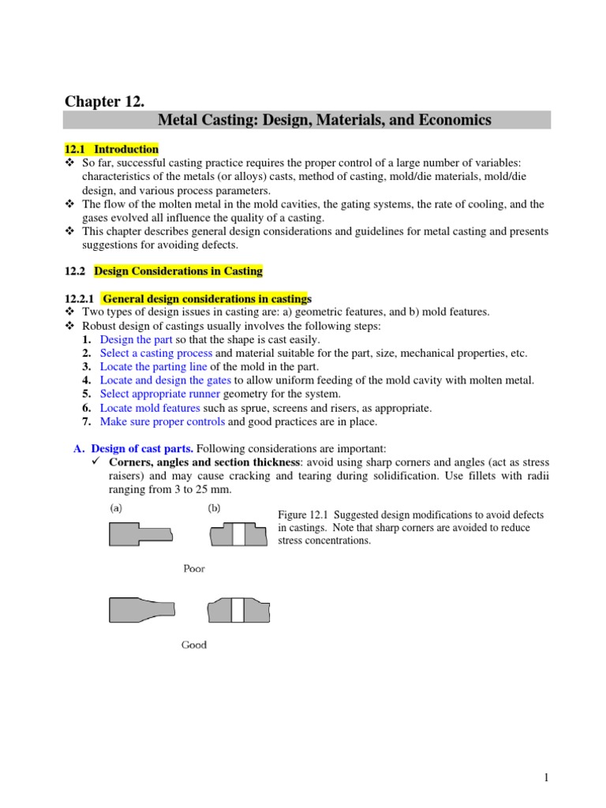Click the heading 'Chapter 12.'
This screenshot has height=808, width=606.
click(104, 100)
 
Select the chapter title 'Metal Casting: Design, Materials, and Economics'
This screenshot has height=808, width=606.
click(324, 120)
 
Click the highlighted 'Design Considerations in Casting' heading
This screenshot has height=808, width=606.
click(178, 271)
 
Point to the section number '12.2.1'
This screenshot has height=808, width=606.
click(78, 298)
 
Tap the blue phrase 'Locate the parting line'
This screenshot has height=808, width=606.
click(154, 366)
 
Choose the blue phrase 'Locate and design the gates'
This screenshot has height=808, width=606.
click(165, 380)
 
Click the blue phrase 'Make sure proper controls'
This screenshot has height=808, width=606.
click(162, 421)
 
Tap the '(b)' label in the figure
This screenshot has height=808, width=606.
click(215, 509)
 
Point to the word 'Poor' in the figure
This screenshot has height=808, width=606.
click(194, 569)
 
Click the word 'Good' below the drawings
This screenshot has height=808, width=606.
click(194, 645)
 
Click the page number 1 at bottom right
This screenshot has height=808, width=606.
click(545, 778)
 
